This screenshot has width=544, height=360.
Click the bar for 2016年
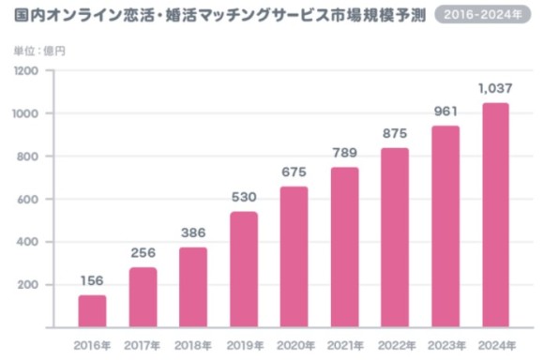pos(92,310)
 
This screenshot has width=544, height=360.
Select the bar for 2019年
pos(244,268)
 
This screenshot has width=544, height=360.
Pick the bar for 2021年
pos(344,247)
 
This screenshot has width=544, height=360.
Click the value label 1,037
pos(495,88)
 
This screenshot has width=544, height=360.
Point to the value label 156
pos(92,279)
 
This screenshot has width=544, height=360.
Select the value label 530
pos(244,197)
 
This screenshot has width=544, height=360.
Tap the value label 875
pos(395,133)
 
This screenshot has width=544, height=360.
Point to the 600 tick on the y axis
pos(28,200)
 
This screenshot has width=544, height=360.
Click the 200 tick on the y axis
pos(28,285)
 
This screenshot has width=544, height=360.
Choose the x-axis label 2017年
pos(143,345)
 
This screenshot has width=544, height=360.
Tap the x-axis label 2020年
pos(294,345)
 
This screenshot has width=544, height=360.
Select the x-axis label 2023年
pos(446,345)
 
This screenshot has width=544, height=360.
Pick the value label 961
pos(446,112)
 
